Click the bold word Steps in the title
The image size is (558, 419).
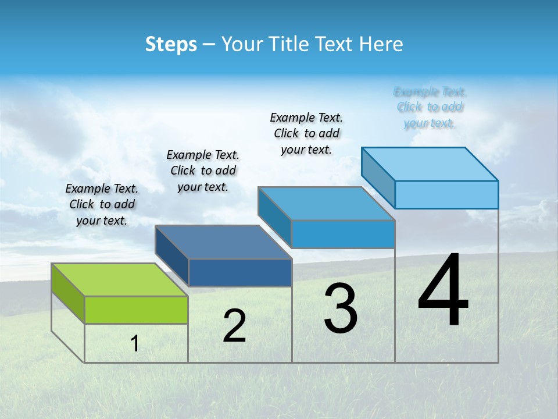(x=171, y=44)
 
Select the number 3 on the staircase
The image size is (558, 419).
(x=341, y=308)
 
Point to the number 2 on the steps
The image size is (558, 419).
(x=234, y=326)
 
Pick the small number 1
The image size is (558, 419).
(x=135, y=343)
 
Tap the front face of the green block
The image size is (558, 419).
(x=136, y=310)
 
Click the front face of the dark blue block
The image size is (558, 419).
(x=239, y=272)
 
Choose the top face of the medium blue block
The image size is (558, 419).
(x=325, y=204)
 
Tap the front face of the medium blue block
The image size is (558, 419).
(x=343, y=234)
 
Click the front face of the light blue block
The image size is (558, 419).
(x=446, y=194)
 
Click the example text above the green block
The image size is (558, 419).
(x=102, y=204)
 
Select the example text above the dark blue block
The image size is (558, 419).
(x=203, y=171)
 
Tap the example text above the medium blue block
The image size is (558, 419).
(x=306, y=133)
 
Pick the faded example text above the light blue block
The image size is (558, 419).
(x=430, y=107)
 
